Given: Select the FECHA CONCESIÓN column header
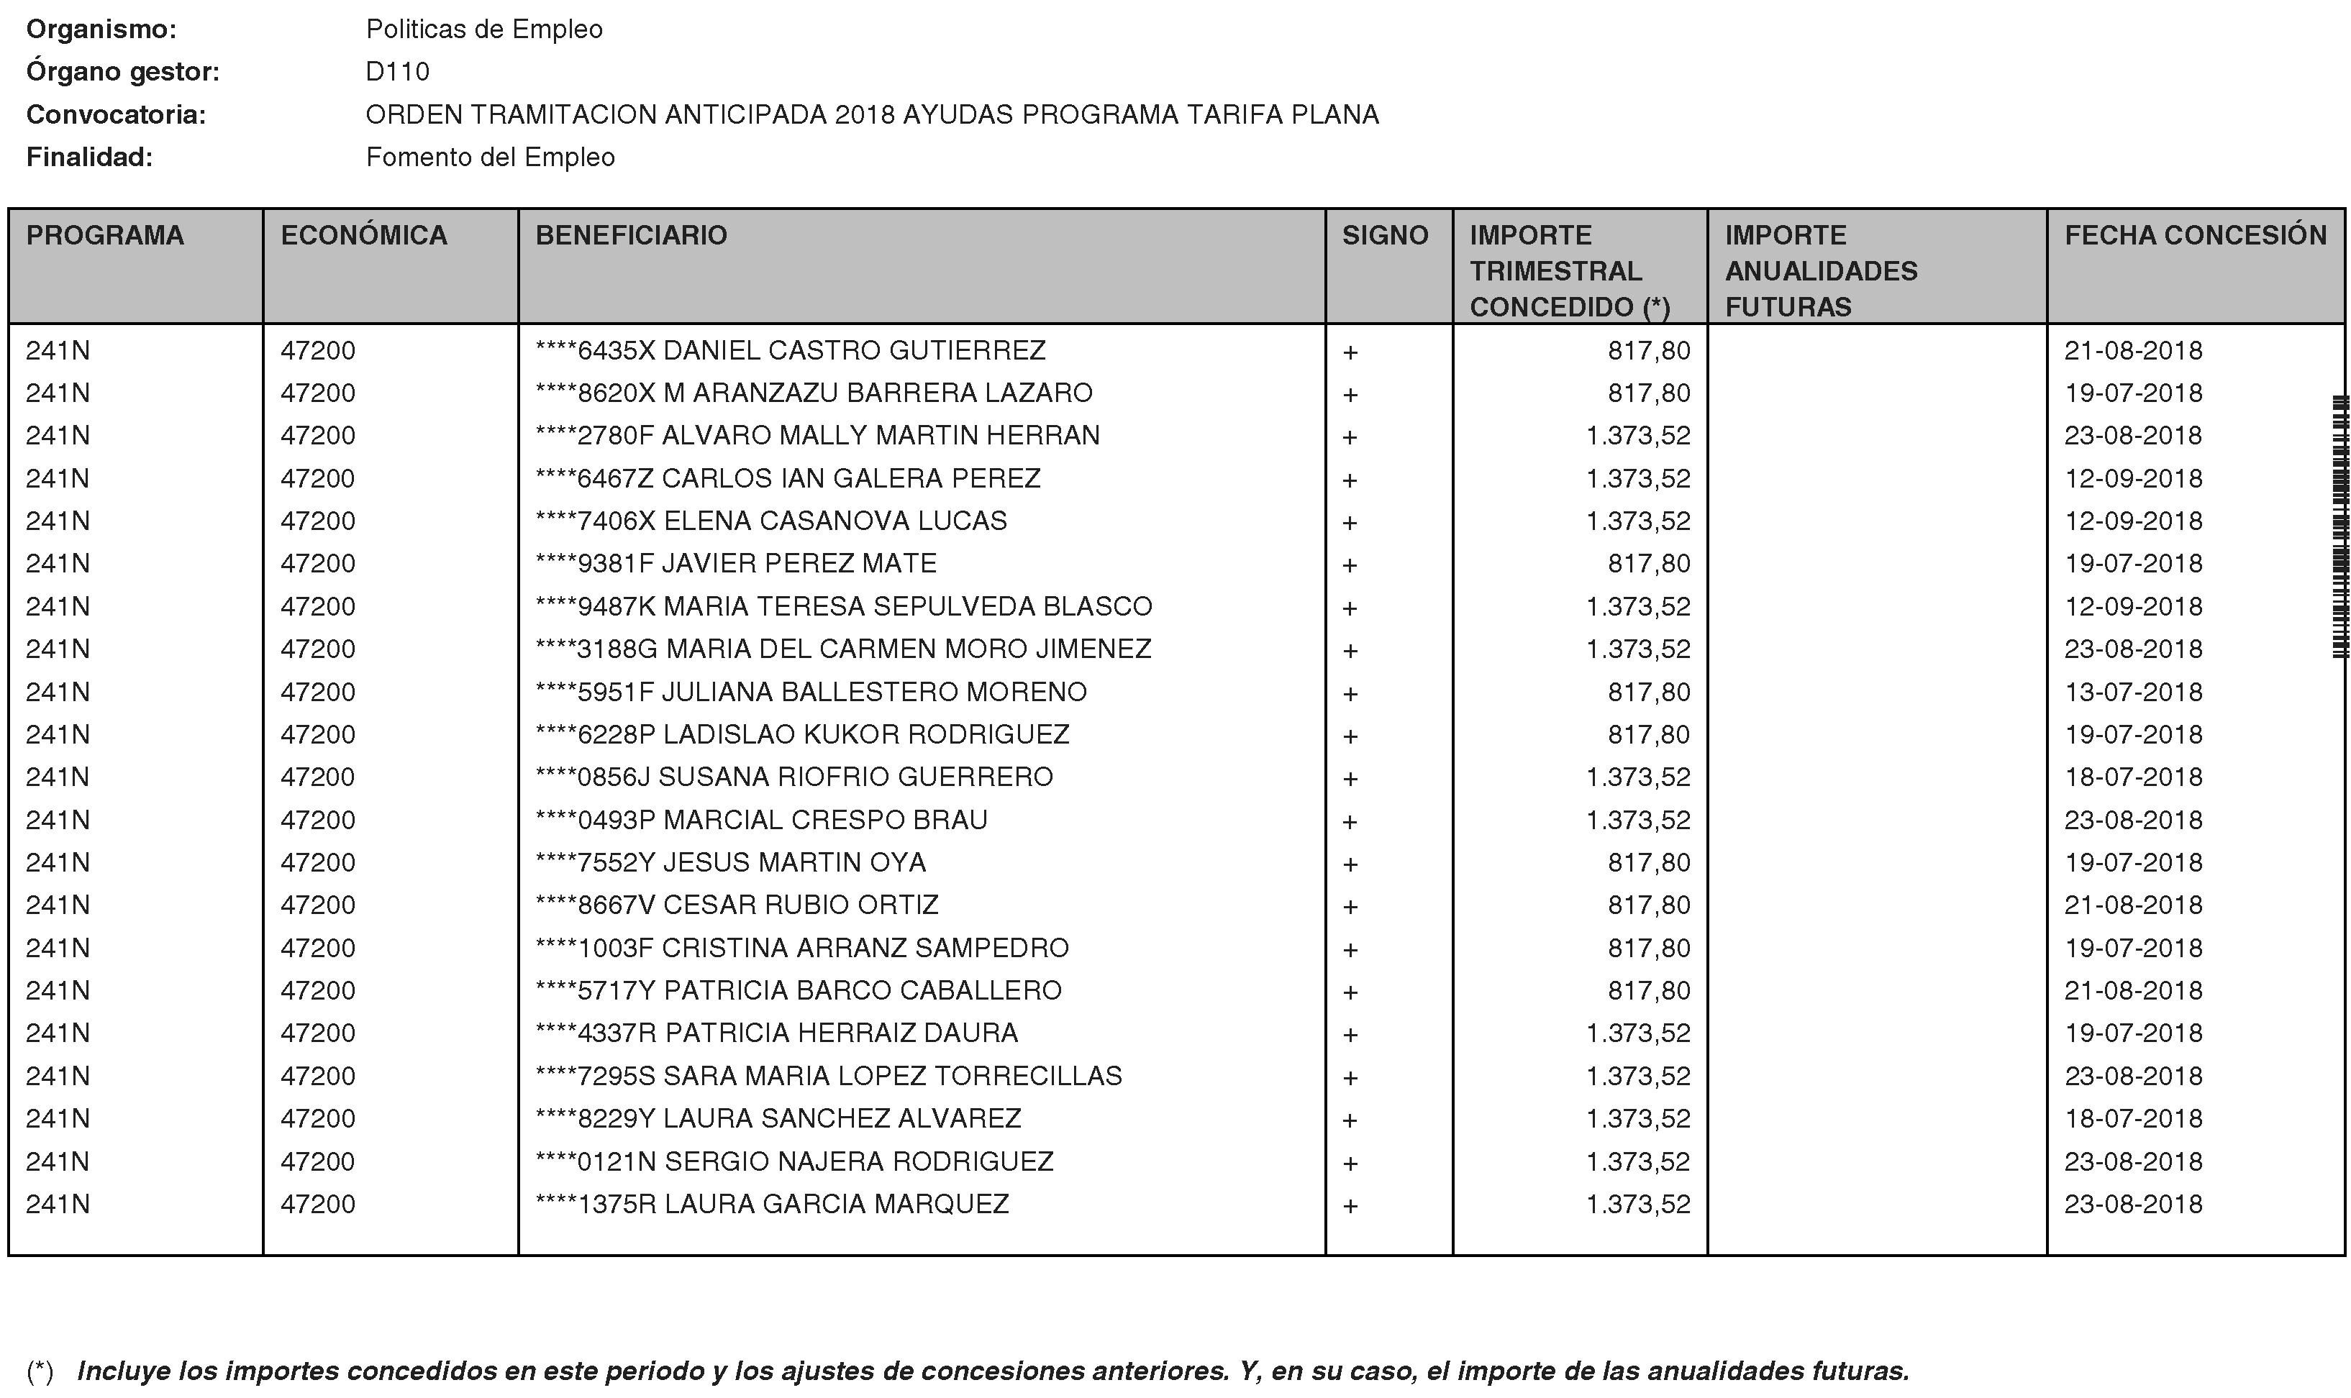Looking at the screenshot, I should coord(2195,235).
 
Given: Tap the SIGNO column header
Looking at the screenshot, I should coord(1384,235).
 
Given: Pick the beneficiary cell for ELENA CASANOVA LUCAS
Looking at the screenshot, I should coord(770,521).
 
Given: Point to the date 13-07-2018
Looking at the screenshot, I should coord(2132,693).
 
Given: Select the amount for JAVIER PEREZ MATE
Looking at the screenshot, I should coord(1648,563).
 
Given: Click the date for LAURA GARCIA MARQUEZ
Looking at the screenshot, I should coord(2132,1204).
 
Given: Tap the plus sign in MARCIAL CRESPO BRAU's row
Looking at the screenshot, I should coord(1350,821).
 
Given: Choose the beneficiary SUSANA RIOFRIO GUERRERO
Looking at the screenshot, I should coord(793,777).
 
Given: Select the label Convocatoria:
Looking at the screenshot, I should coord(116,115).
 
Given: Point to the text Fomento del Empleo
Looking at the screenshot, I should coord(490,157).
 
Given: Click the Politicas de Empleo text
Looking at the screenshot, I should coord(483,29).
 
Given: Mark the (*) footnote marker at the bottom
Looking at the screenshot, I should coord(40,1371).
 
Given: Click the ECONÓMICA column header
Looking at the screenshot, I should coord(364,235).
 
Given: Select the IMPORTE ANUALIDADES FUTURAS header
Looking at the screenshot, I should coord(1821,270).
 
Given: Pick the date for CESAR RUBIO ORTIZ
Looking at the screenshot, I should coord(2132,905).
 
